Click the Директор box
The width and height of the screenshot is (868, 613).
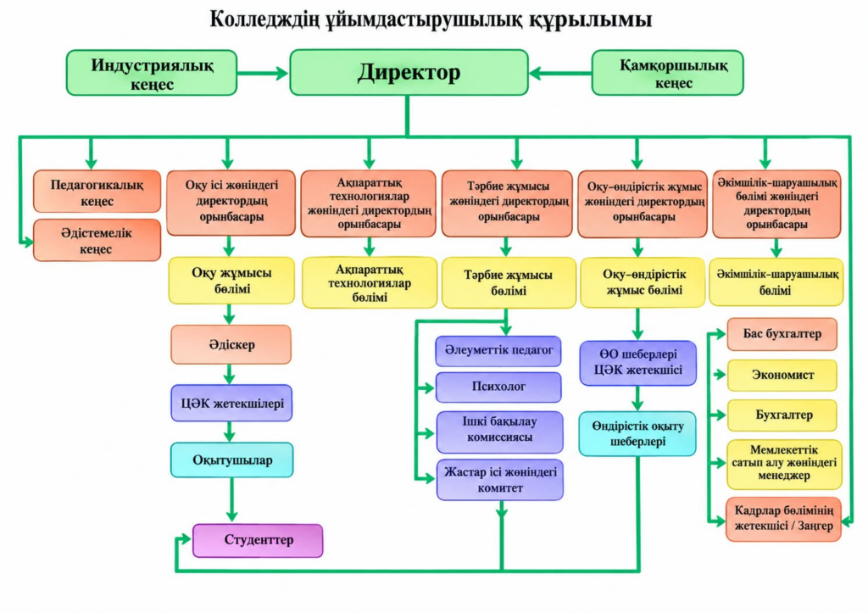coord(409,73)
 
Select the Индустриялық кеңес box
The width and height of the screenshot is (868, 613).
coord(152,73)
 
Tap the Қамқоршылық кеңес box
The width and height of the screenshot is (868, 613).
coord(668,73)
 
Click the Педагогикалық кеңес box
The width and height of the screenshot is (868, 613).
coord(97,192)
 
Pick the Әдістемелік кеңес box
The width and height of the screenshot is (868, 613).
coord(97,240)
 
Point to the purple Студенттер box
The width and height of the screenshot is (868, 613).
coord(258,540)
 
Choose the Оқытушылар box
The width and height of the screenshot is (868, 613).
coord(232,460)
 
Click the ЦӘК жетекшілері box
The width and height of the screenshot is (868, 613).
coord(232,403)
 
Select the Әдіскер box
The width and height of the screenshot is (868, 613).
coord(231,344)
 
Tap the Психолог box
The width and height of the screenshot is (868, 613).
coord(498,387)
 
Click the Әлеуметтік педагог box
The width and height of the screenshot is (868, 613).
coord(498,350)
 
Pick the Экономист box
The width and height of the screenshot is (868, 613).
coord(782,375)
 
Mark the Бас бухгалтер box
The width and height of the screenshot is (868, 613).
coord(782,334)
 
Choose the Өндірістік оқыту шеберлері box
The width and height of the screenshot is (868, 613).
coord(637,433)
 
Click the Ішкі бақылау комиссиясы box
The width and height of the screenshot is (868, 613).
coord(500,429)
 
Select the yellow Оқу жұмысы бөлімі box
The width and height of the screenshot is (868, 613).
coord(232,280)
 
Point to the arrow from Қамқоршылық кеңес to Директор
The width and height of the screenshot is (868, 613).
coord(560,73)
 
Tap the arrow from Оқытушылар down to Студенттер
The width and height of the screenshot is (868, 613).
coord(232,500)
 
